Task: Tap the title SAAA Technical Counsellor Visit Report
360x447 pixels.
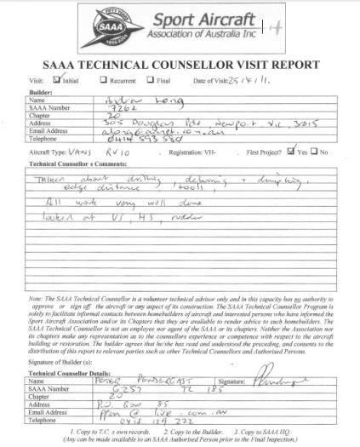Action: pyautogui.click(x=180, y=65)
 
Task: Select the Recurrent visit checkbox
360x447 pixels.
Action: pyautogui.click(x=105, y=80)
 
